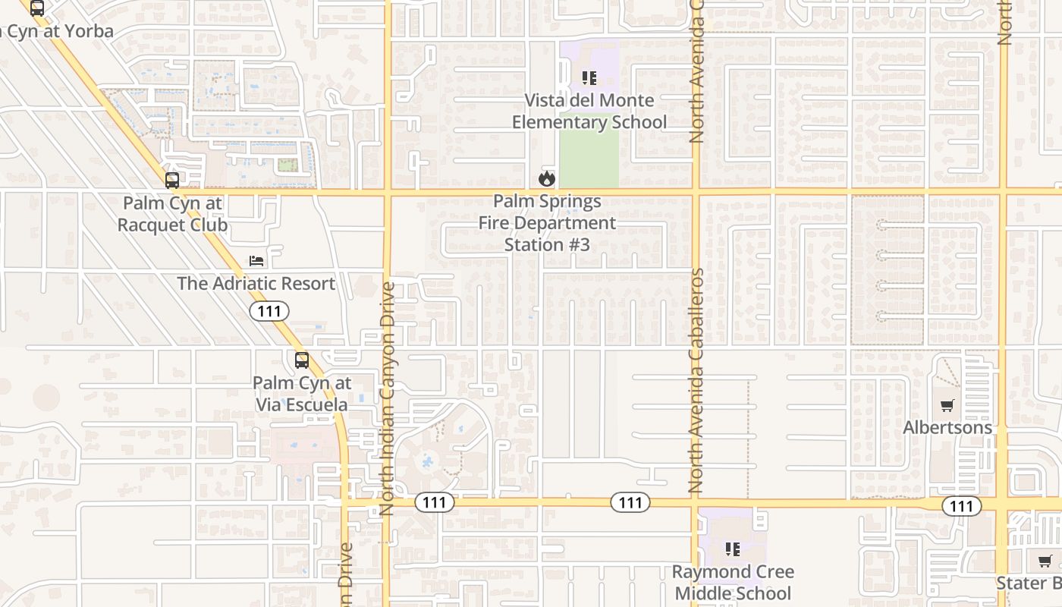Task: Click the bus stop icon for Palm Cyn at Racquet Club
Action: [x=172, y=181]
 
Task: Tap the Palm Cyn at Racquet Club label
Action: [x=172, y=214]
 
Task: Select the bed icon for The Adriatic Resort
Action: [x=257, y=261]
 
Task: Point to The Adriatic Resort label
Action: [x=256, y=284]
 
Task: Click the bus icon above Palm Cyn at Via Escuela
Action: [x=302, y=360]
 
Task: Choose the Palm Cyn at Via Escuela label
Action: [x=302, y=393]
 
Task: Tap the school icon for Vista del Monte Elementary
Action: [x=589, y=77]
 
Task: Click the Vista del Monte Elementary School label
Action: [x=589, y=111]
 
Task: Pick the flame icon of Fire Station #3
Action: [x=546, y=179]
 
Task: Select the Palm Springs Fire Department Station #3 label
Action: [x=547, y=223]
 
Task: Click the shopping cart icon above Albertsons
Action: [x=947, y=406]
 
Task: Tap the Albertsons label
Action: [x=947, y=428]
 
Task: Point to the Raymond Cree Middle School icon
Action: [x=732, y=549]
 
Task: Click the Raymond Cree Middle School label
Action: [x=734, y=582]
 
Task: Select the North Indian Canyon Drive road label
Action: [x=388, y=398]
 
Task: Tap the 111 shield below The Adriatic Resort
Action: [x=269, y=311]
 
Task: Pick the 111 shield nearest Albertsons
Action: [x=961, y=506]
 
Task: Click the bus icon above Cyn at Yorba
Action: [x=36, y=8]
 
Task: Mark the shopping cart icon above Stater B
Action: [x=1045, y=561]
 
